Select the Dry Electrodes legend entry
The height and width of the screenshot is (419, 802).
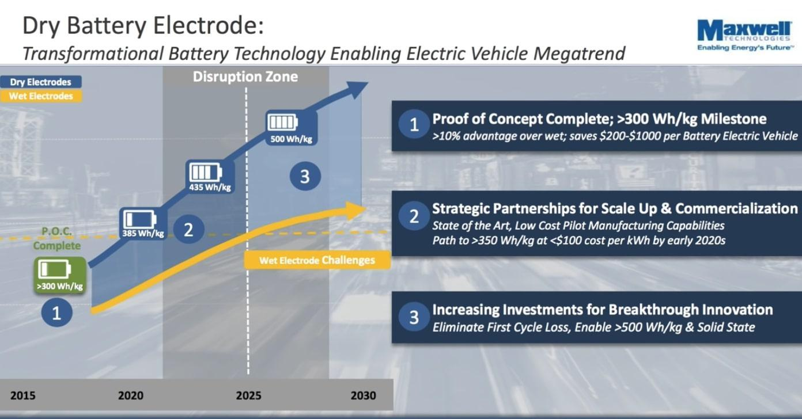click(x=40, y=82)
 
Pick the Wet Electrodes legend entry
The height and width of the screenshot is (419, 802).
click(x=41, y=96)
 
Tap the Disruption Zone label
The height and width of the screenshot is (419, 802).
click(x=245, y=77)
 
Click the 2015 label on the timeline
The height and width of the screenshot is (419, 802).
click(x=22, y=395)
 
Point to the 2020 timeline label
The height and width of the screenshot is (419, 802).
click(x=131, y=395)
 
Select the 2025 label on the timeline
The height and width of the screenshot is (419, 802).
click(x=248, y=395)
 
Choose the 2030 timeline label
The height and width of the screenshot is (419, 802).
click(x=363, y=395)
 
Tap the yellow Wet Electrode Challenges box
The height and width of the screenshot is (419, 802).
click(x=317, y=260)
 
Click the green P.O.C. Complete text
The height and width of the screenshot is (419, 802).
click(x=56, y=238)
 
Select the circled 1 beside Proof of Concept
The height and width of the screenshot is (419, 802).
click(x=414, y=125)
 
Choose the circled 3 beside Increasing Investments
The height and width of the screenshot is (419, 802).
click(x=414, y=317)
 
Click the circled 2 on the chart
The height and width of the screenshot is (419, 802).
click(x=188, y=230)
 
